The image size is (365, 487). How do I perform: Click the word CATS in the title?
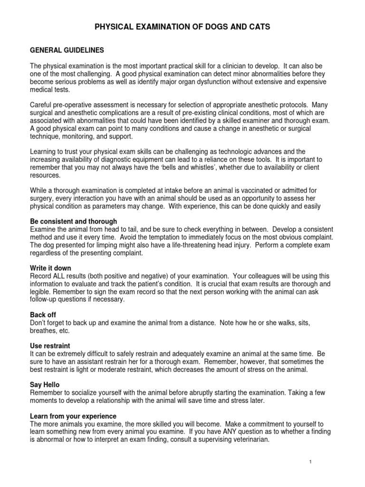pos(257,27)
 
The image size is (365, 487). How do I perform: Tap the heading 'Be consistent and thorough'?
pos(73,222)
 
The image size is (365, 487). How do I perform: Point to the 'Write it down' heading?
pos(50,268)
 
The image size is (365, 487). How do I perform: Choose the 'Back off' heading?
pos(43,315)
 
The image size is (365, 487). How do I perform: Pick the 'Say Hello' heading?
pos(45,384)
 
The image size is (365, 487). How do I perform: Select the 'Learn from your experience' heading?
pos(76,415)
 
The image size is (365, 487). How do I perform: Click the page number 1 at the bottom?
pos(309,462)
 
